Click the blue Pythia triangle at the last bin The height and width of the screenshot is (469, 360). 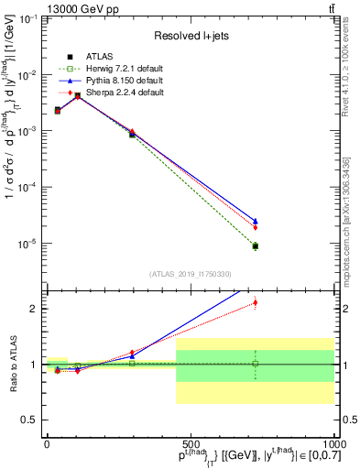pos(256,221)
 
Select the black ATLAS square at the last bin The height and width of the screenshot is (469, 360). pos(256,245)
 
